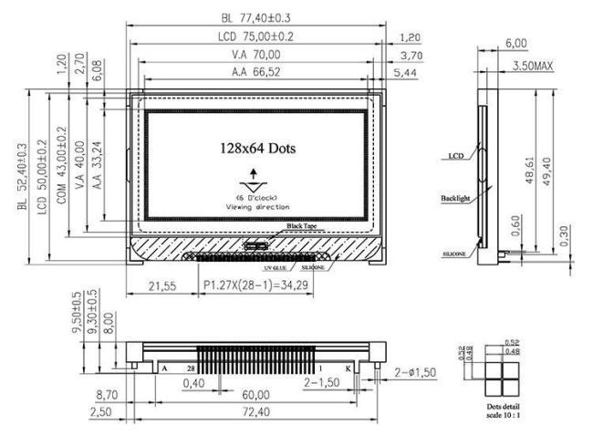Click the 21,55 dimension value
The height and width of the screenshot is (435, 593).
click(x=164, y=287)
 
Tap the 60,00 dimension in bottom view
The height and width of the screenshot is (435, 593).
click(x=255, y=395)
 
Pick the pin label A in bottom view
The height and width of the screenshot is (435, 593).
click(x=165, y=368)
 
